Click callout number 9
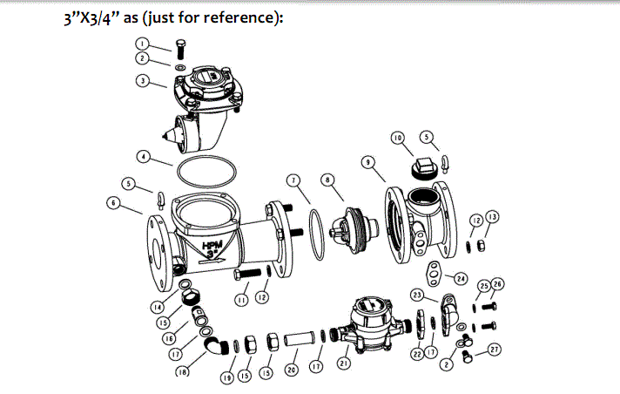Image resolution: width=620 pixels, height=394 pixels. [x=368, y=162]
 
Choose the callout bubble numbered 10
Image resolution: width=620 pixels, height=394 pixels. [x=396, y=138]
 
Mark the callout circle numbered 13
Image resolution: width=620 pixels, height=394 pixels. [x=493, y=216]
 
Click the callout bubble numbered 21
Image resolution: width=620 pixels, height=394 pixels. [x=345, y=362]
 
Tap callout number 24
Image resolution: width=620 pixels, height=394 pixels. [x=460, y=279]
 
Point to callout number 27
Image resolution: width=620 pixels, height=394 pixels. [x=495, y=350]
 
